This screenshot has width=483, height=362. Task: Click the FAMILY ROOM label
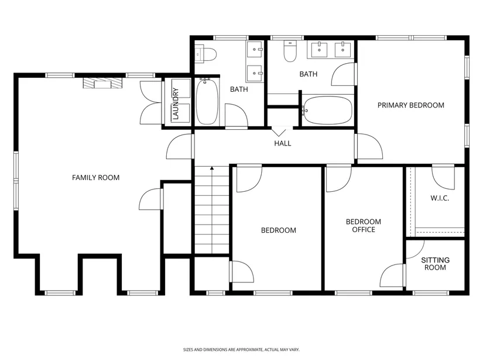tap(95, 178)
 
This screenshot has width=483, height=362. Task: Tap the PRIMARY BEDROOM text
tap(411, 105)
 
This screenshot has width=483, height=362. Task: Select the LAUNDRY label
tap(176, 104)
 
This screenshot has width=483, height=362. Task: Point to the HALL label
tap(282, 143)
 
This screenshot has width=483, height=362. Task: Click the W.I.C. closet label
tap(440, 198)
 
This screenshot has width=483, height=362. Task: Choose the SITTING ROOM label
tap(435, 264)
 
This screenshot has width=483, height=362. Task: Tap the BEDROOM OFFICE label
tap(364, 226)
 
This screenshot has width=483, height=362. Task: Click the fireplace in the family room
tap(102, 83)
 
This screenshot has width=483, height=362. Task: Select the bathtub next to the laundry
tap(207, 102)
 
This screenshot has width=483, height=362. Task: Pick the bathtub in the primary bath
tap(327, 110)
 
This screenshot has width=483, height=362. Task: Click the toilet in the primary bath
tap(290, 51)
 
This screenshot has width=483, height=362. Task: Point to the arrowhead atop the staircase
tap(212, 168)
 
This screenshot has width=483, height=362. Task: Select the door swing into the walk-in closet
tap(443, 178)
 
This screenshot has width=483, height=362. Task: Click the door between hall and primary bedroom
tap(369, 146)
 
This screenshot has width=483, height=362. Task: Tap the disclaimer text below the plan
tap(241, 350)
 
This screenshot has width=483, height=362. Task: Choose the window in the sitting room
tap(431, 293)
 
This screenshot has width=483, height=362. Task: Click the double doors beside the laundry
tap(152, 102)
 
